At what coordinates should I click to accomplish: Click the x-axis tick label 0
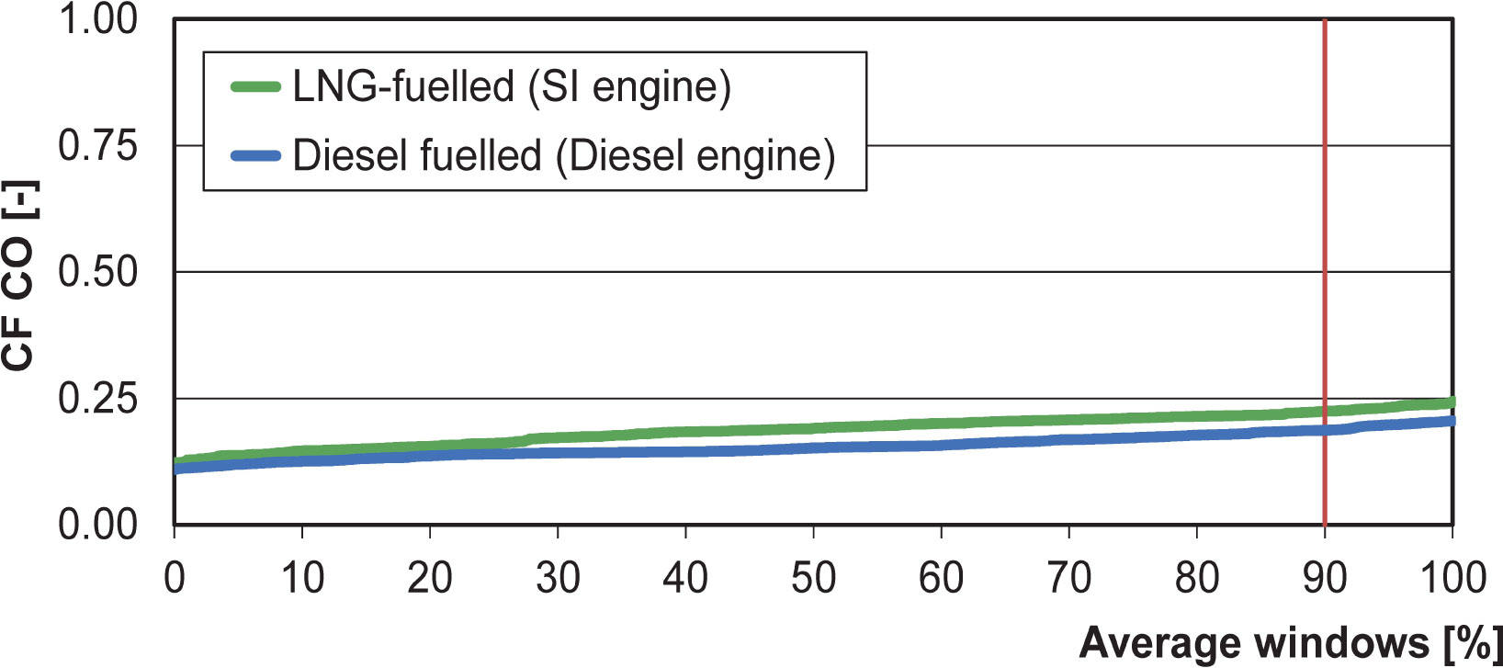point(175,579)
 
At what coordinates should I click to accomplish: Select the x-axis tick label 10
point(302,579)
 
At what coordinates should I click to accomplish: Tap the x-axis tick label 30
point(558,579)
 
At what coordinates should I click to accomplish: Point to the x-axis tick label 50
point(813,579)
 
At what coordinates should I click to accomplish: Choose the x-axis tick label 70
point(1068,579)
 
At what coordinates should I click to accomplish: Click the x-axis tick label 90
point(1324,579)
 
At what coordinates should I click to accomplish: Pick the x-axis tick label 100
point(1452,579)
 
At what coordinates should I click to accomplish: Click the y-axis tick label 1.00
point(97,19)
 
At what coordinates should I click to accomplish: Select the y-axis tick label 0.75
point(97,145)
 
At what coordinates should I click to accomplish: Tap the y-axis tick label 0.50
point(97,272)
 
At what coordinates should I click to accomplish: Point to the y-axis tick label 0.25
point(97,399)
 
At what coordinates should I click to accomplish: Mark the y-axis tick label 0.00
point(97,525)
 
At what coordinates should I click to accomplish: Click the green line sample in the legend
point(255,87)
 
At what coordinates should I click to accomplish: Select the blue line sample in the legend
point(255,156)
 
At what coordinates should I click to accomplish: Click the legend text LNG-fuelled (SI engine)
point(511,87)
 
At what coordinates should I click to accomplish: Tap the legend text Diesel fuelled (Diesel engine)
point(563,156)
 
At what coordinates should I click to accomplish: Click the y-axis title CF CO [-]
point(18,276)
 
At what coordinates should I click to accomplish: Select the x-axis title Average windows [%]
point(1290,643)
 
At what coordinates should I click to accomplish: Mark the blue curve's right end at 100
point(1451,421)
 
